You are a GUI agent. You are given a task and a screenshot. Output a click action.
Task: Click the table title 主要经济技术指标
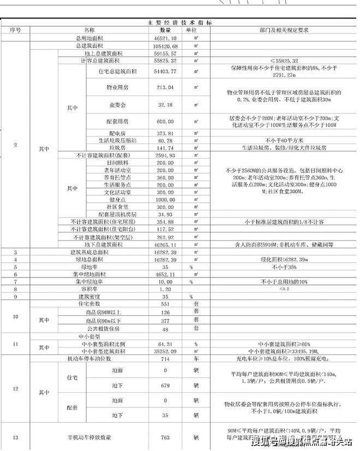[179, 22]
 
